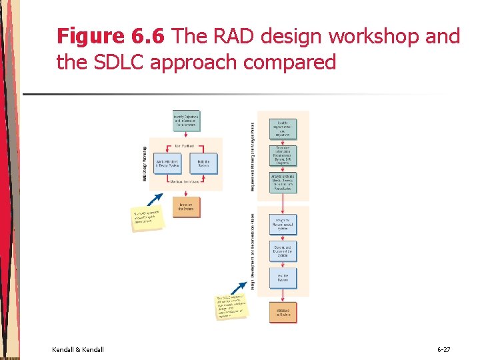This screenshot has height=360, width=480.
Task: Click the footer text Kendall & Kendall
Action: click(x=77, y=349)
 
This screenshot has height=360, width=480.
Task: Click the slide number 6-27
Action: click(x=443, y=349)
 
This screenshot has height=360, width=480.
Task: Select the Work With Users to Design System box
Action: click(x=167, y=163)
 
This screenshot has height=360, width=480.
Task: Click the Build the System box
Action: click(x=203, y=163)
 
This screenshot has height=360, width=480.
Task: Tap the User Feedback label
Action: click(x=185, y=145)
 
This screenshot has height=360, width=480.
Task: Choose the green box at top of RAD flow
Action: click(x=186, y=121)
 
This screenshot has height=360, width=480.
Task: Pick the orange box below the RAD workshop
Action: click(x=186, y=207)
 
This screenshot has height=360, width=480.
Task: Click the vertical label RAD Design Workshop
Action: click(x=145, y=163)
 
